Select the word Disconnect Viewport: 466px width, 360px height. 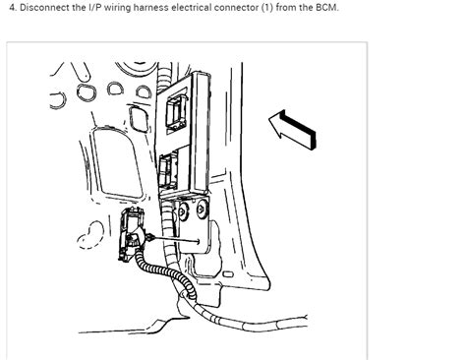(x=46, y=11)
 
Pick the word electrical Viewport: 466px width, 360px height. (x=232, y=11)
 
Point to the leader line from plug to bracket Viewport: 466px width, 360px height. (x=177, y=238)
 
